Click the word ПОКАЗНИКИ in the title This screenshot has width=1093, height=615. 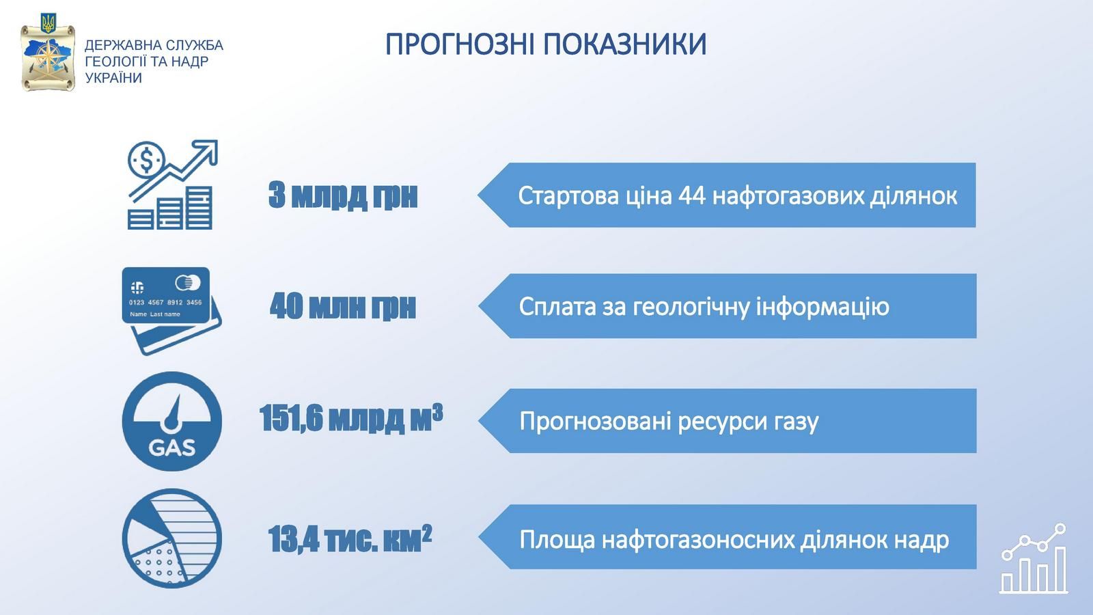625,44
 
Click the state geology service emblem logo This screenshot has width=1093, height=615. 48,53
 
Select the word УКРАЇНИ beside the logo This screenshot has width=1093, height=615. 113,78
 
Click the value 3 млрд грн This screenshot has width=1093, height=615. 343,195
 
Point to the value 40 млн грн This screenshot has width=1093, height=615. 342,306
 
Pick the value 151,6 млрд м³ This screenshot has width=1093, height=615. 351,418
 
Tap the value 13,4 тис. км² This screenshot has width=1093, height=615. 350,539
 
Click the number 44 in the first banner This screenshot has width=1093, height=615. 692,196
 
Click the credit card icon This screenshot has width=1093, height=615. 171,310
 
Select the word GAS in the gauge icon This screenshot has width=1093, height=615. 171,448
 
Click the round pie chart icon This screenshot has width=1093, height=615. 171,538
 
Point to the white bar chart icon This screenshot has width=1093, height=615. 1034,558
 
